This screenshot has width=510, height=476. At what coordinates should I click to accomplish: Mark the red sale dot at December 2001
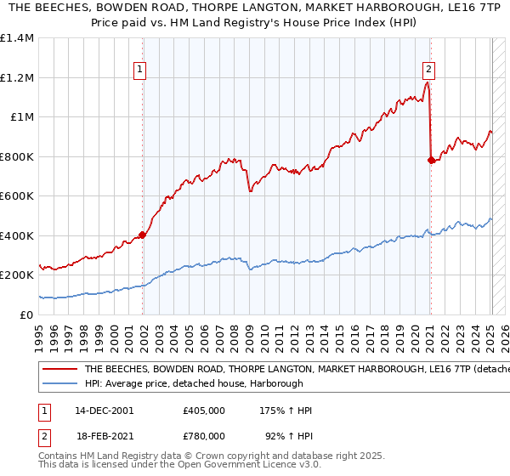coord(143,235)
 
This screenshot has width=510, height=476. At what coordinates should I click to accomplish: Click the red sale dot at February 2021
coord(431,159)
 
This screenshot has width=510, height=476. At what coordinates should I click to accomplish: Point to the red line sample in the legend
coord(59,370)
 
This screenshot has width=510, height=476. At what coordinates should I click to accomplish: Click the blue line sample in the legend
coord(59,383)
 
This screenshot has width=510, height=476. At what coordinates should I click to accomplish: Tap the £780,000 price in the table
coord(204,436)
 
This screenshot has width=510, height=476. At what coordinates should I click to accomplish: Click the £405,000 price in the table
coord(204,411)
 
